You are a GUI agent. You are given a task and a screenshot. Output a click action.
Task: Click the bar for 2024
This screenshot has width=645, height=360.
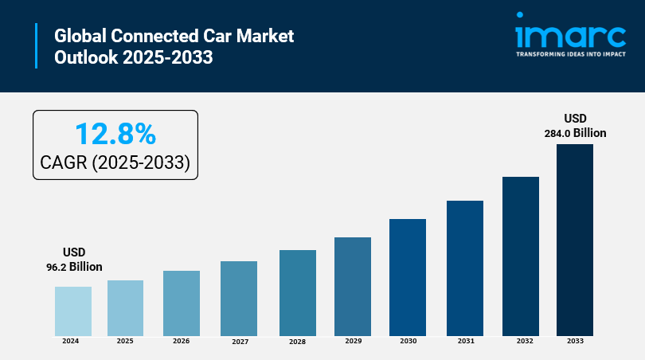[73, 311]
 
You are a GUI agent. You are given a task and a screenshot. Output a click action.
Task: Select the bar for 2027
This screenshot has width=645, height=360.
[239, 298]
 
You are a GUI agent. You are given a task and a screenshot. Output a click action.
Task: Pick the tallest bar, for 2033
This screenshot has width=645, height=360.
[575, 239]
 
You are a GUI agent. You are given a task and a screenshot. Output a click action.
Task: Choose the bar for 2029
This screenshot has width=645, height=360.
[353, 286]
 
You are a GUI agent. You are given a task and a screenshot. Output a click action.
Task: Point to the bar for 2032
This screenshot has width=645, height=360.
[521, 256]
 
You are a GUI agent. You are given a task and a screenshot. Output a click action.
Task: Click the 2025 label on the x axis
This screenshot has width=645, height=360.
[125, 341]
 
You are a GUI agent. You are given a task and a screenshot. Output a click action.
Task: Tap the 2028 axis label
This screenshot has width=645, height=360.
[297, 342]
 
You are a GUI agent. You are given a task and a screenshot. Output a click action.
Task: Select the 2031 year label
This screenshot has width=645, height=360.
[466, 341]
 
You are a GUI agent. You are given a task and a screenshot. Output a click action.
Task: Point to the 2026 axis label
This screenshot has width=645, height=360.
[181, 341]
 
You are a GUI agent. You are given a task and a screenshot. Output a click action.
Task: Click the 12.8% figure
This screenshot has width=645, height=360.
[115, 133]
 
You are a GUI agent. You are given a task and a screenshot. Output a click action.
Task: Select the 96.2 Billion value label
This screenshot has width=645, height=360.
[74, 267]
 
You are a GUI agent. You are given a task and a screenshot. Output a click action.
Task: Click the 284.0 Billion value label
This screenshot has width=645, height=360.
[575, 133]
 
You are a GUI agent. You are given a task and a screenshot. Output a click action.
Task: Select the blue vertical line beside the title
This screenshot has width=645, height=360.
[36, 46]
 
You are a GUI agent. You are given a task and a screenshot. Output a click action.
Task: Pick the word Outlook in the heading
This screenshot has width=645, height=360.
[84, 58]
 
